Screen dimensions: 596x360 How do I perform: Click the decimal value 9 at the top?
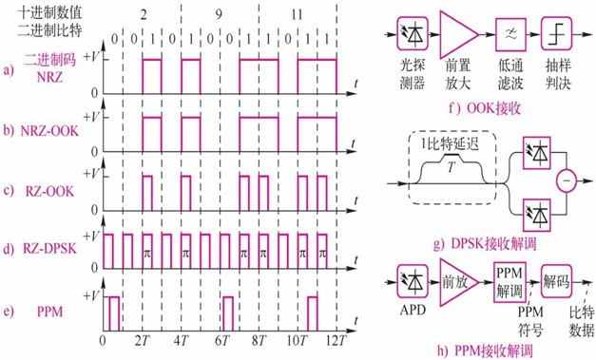219,15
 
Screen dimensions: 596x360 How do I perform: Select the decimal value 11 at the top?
297,15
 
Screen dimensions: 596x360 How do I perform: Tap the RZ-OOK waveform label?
49,191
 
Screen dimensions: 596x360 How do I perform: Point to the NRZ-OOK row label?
49,131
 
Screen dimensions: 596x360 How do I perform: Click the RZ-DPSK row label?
49,249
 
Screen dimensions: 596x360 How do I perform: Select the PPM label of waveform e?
49,312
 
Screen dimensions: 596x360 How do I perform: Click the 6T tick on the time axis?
222,340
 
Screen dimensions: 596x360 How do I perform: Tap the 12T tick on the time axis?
336,340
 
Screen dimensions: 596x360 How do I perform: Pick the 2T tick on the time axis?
143,340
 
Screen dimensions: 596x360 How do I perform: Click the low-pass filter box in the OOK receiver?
510,34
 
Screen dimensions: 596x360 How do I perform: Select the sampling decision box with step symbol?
557,34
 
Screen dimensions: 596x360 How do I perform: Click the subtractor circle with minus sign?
567,181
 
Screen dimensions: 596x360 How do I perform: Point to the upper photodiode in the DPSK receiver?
537,152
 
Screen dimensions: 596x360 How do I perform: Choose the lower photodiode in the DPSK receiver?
537,215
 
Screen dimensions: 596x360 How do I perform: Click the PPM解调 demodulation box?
510,282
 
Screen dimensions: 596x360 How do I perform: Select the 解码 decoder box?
556,281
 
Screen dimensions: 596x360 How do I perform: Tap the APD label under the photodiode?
413,310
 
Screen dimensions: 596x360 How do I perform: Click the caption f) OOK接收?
484,108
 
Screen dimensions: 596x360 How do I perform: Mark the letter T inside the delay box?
452,167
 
